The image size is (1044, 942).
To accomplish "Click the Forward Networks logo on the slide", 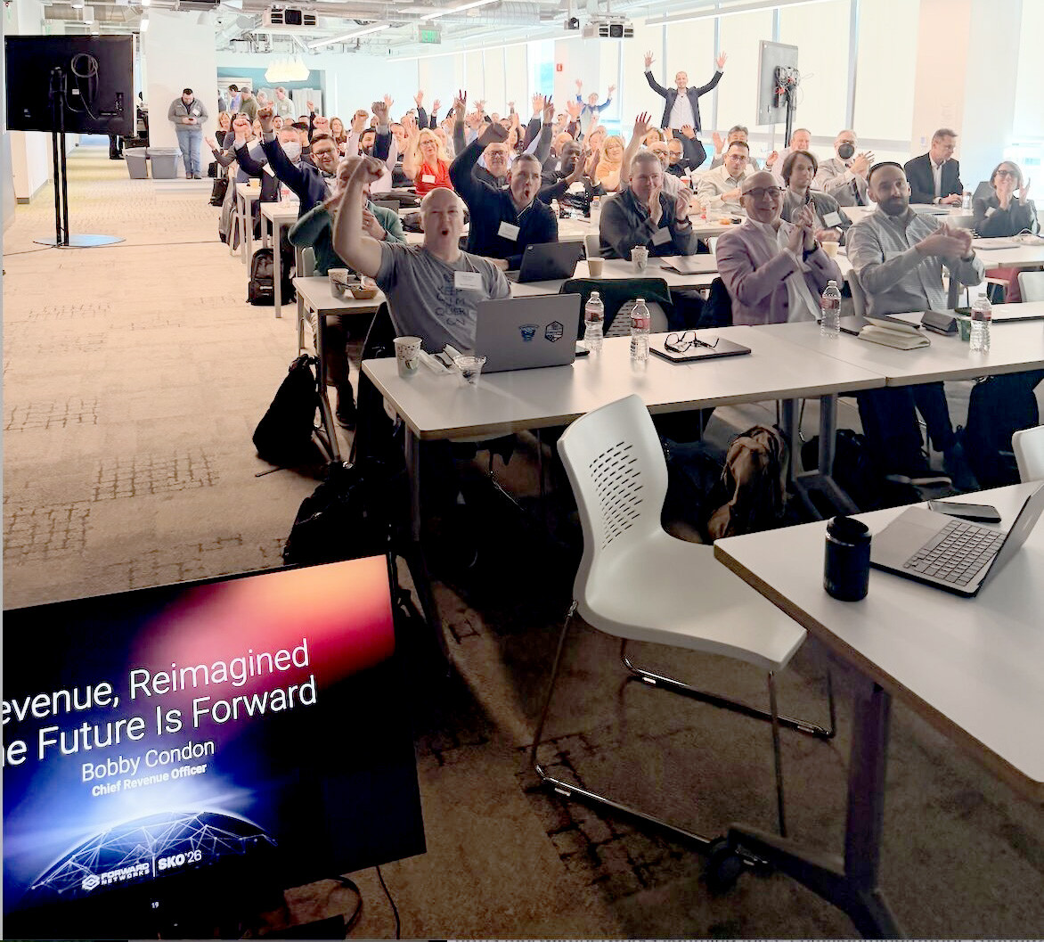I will [x=116, y=877].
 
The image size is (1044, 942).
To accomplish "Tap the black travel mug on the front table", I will [x=846, y=558].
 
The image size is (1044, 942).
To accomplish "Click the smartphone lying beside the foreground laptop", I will [x=964, y=511].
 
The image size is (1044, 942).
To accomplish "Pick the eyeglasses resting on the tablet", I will [x=690, y=341].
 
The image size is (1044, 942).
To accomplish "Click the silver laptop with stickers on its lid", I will [x=527, y=332].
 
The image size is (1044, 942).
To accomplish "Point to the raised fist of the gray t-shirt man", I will [x=368, y=169].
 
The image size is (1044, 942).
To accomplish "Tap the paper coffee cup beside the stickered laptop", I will [x=407, y=355].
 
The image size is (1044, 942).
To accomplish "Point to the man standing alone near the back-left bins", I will [x=188, y=131].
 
